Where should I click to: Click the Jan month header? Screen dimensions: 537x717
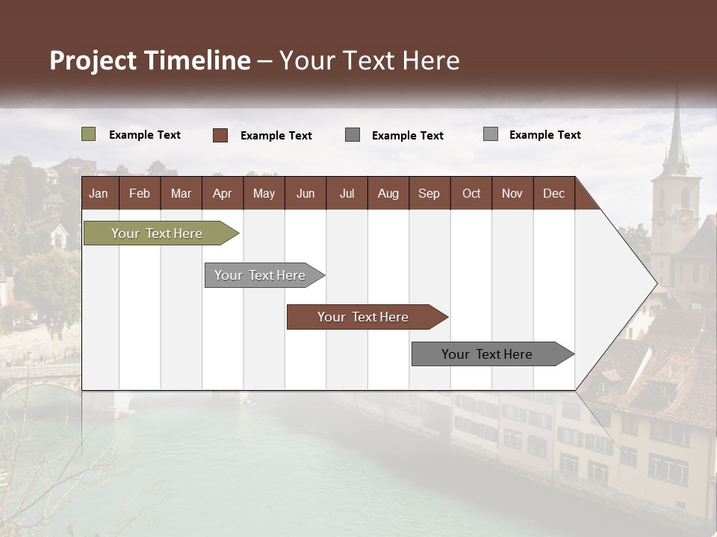99,193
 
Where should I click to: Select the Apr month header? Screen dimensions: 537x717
222,193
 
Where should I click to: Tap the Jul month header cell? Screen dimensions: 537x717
347,193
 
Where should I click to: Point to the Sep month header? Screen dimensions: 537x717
429,193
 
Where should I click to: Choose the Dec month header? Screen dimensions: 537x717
553,193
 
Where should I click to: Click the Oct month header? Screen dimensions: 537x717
471,193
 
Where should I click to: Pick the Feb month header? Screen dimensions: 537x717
140,193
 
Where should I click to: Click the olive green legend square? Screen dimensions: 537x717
88,134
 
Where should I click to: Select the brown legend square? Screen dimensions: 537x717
220,135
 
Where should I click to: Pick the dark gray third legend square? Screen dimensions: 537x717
353,135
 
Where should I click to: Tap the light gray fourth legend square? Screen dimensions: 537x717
491,134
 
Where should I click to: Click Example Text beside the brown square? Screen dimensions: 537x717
276,136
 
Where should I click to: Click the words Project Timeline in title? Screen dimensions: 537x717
149,60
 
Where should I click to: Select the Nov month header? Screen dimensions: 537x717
512,193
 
